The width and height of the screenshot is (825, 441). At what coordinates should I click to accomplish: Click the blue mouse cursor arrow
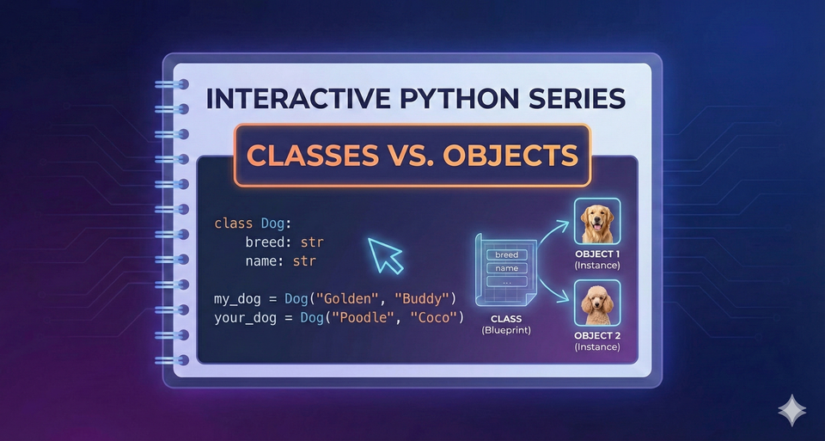[385, 254]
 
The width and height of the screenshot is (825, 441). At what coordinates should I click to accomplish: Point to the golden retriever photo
[596, 223]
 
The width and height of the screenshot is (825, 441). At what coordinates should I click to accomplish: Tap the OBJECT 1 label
[596, 254]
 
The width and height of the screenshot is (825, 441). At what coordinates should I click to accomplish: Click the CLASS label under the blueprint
[506, 319]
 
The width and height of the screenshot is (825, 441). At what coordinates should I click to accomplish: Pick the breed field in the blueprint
[506, 254]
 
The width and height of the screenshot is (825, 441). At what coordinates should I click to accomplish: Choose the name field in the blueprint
[506, 268]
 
